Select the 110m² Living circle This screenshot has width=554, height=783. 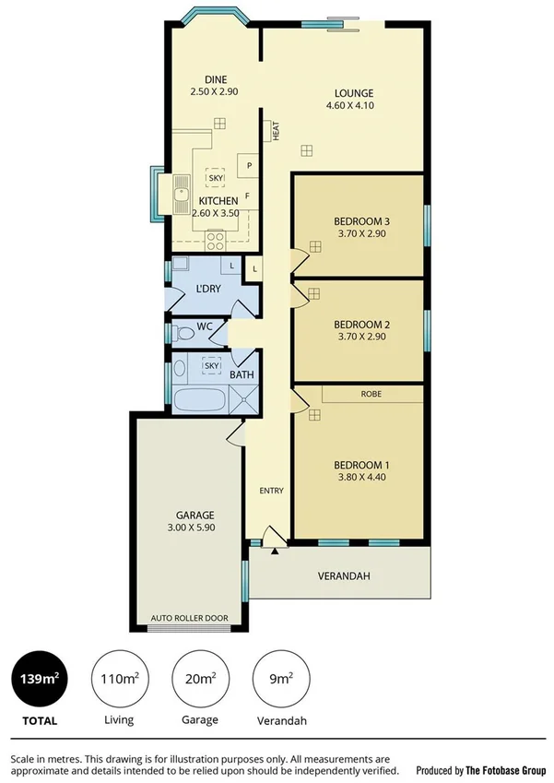pyautogui.click(x=119, y=681)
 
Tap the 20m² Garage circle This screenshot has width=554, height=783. pyautogui.click(x=200, y=681)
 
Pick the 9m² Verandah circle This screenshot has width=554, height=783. pyautogui.click(x=280, y=681)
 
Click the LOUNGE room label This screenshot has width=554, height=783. pyautogui.click(x=353, y=93)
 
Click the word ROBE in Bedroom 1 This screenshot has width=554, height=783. pyautogui.click(x=371, y=394)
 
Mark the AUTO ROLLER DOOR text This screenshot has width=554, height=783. pyautogui.click(x=189, y=618)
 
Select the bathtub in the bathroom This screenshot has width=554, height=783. pyautogui.click(x=198, y=400)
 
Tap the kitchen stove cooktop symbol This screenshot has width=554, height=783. pyautogui.click(x=216, y=242)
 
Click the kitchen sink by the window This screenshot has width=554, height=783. pyautogui.click(x=179, y=194)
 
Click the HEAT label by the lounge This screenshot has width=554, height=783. pyautogui.click(x=276, y=131)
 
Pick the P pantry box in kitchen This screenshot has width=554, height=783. pyautogui.click(x=249, y=166)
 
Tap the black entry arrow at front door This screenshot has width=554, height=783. pyautogui.click(x=274, y=552)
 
